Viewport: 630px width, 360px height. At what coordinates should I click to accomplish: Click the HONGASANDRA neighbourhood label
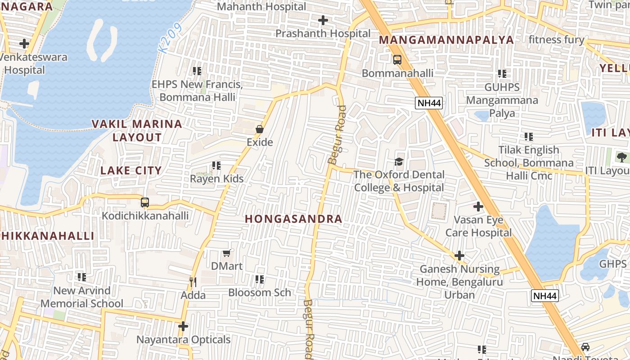(293, 219)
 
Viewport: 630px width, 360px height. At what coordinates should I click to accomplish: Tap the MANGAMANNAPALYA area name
(446, 40)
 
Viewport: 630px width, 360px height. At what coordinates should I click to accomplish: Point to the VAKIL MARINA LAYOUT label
(137, 130)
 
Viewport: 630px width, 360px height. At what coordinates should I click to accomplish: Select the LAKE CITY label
(131, 171)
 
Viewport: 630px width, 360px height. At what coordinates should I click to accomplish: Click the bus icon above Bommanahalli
(397, 60)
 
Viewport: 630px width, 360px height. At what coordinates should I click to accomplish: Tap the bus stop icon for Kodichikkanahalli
(144, 202)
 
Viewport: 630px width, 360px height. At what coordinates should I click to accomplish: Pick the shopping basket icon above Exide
(260, 129)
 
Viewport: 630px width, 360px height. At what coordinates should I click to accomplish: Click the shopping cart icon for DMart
(227, 253)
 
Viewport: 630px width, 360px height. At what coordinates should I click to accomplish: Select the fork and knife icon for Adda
(193, 282)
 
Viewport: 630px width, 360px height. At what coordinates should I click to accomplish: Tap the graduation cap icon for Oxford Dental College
(399, 162)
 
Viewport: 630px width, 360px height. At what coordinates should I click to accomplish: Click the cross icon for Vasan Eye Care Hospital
(478, 207)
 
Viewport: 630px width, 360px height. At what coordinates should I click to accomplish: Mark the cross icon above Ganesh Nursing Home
(459, 256)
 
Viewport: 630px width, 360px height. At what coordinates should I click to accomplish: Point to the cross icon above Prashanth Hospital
(323, 20)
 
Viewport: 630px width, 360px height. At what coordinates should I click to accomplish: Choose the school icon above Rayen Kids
(216, 166)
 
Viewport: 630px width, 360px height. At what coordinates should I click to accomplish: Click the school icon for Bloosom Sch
(260, 279)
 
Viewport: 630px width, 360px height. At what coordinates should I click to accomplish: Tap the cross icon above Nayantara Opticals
(183, 326)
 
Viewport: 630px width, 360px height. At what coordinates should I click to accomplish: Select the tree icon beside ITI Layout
(621, 157)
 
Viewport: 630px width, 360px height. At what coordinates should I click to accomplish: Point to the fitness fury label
(556, 40)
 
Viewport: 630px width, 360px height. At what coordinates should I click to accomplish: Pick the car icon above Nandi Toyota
(585, 347)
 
